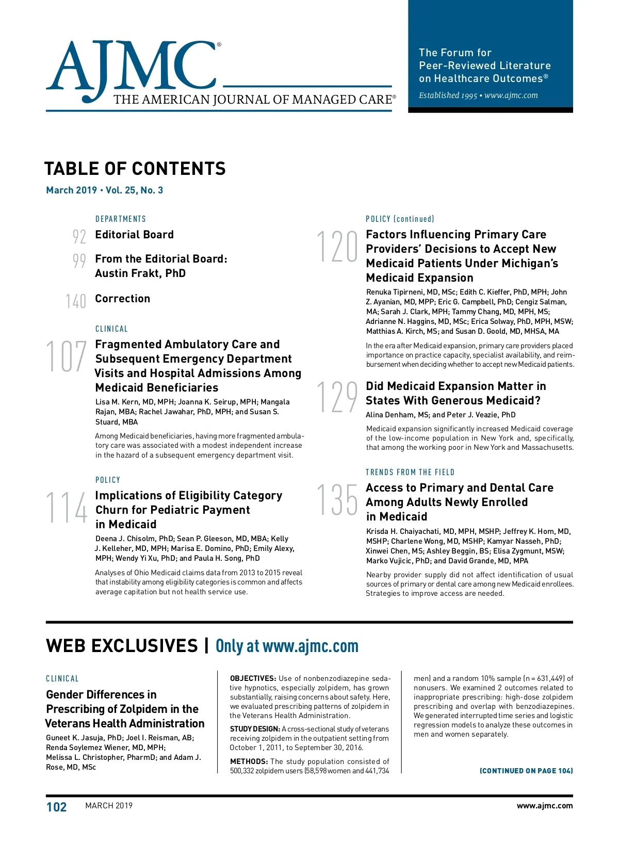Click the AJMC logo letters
click(x=132, y=67)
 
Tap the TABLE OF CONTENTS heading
click(x=135, y=169)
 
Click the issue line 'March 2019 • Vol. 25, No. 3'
click(x=105, y=190)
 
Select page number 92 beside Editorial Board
click(x=79, y=236)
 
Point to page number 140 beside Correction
click(x=76, y=301)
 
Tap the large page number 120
click(x=337, y=247)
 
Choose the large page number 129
click(x=337, y=397)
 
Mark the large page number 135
click(x=337, y=499)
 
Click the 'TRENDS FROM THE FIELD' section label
click(x=410, y=472)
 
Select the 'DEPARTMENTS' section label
click(x=121, y=219)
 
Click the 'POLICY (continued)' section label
click(x=400, y=219)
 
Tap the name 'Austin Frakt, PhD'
click(x=140, y=273)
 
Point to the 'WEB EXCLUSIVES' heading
click(x=122, y=646)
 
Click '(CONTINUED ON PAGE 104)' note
click(x=526, y=771)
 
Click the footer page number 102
click(x=57, y=807)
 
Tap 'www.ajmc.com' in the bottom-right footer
click(x=545, y=806)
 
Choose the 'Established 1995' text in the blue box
click(x=448, y=95)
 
